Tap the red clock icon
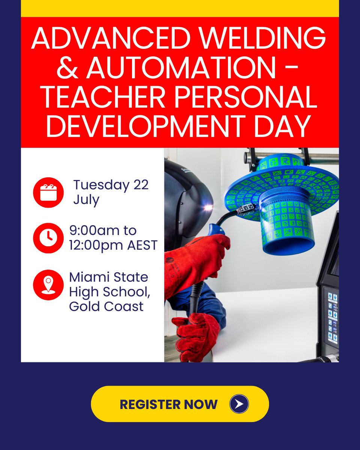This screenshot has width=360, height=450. point(48,238)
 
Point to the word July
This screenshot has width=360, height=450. point(86,199)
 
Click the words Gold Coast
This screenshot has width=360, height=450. point(106,306)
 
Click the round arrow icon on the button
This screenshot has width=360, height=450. point(239,404)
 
